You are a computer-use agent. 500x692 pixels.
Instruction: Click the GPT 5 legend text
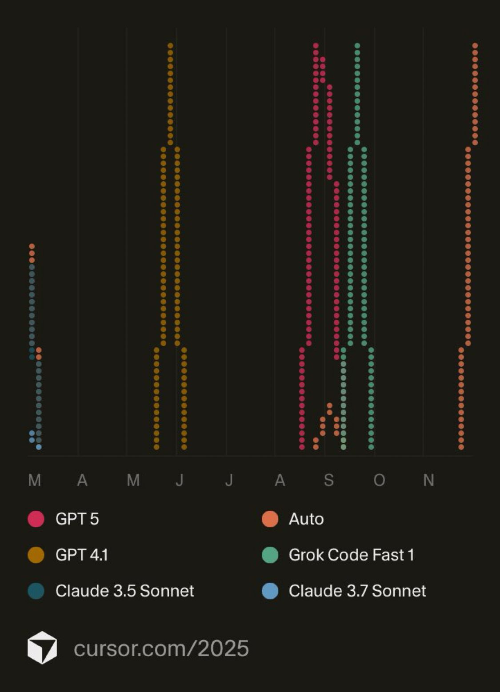point(77,519)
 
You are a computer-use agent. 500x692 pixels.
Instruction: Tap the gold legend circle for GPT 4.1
point(36,555)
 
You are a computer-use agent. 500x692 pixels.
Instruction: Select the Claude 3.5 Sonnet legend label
point(124,591)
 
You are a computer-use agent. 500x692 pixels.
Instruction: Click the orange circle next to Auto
point(270,519)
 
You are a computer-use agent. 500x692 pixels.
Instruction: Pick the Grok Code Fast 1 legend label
point(351,555)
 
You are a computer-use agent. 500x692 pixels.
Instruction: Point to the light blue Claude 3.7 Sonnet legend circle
point(270,591)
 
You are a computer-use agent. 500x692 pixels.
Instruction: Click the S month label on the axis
point(328,480)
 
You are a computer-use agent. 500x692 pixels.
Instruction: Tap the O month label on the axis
point(379,480)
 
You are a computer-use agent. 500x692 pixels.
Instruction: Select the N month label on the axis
point(428,480)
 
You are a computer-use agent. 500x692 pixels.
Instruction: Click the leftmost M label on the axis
point(35,480)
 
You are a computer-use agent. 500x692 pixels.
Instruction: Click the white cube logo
point(42,648)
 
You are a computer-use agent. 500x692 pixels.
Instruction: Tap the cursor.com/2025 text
point(161,648)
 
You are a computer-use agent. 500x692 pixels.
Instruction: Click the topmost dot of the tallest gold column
point(170,45)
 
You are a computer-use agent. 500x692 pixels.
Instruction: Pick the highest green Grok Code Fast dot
point(357,45)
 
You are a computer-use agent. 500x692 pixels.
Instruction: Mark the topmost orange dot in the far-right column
point(475,45)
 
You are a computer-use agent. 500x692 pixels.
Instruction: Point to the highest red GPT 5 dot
point(316,45)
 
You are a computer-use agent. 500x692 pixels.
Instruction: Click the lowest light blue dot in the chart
point(39,447)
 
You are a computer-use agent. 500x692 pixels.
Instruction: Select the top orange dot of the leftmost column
point(32,247)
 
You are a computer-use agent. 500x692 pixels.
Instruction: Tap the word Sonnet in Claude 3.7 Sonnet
point(399,591)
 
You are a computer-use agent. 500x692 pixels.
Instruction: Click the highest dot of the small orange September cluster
point(329,406)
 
